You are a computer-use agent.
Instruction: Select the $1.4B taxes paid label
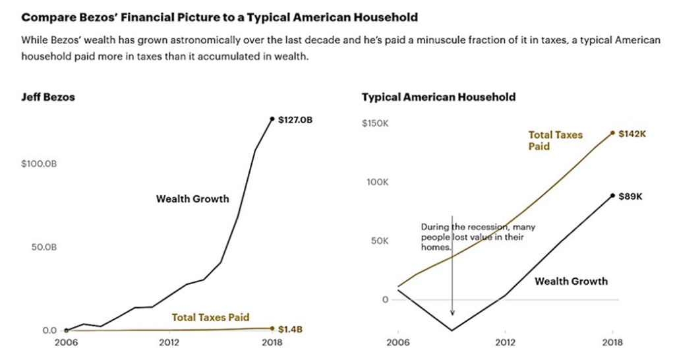point(290,329)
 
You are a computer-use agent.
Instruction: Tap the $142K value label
point(632,133)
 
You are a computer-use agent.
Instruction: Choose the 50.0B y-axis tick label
point(44,247)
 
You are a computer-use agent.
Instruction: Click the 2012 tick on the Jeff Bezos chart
point(169,343)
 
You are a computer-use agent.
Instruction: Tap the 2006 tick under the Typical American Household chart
point(399,343)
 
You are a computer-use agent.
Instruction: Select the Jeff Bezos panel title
point(48,97)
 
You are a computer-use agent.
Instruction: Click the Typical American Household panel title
point(438,97)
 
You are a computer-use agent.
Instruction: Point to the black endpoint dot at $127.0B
point(272,119)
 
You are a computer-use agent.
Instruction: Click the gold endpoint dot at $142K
point(612,133)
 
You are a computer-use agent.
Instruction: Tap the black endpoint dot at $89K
point(612,196)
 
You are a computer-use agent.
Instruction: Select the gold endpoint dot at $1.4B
point(272,328)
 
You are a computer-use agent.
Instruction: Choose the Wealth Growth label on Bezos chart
point(192,198)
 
